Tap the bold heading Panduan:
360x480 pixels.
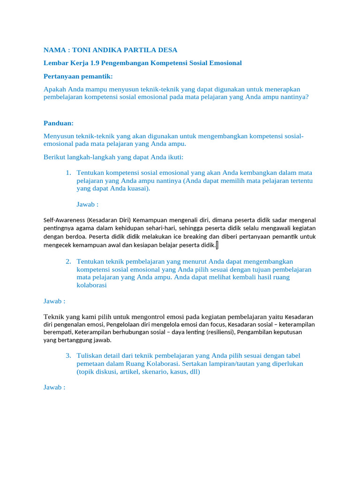click(x=58, y=123)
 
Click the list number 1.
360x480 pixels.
click(x=68, y=172)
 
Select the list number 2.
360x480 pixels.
click(x=68, y=261)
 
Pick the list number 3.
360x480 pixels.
click(x=68, y=355)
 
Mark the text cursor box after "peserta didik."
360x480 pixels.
click(x=217, y=245)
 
